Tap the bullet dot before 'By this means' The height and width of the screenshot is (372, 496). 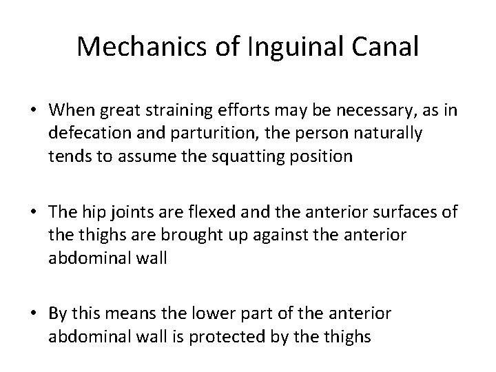click(33, 313)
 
